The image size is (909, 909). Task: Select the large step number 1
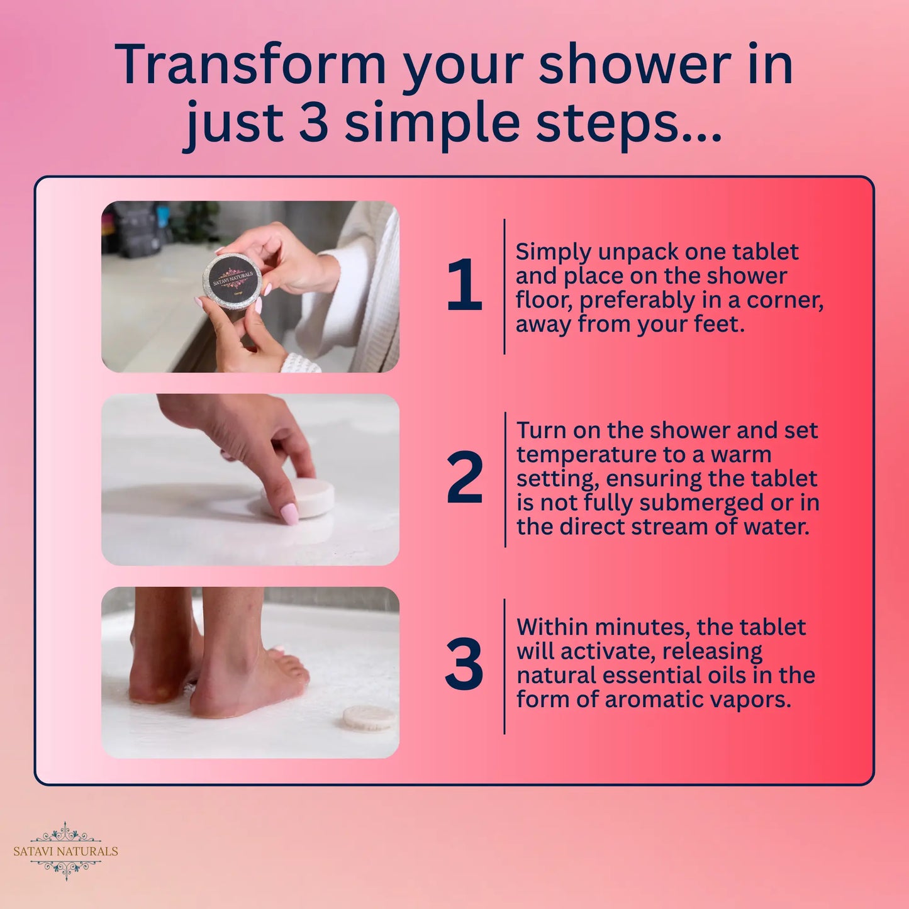click(x=464, y=286)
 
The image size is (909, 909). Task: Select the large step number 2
click(x=464, y=479)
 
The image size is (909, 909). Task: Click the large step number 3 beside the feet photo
click(x=464, y=665)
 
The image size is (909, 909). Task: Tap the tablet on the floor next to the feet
click(x=369, y=718)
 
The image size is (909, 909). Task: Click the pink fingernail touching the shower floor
click(x=289, y=514)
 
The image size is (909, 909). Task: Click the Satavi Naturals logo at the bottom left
click(x=65, y=850)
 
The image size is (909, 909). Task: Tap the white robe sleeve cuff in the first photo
click(x=300, y=364)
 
